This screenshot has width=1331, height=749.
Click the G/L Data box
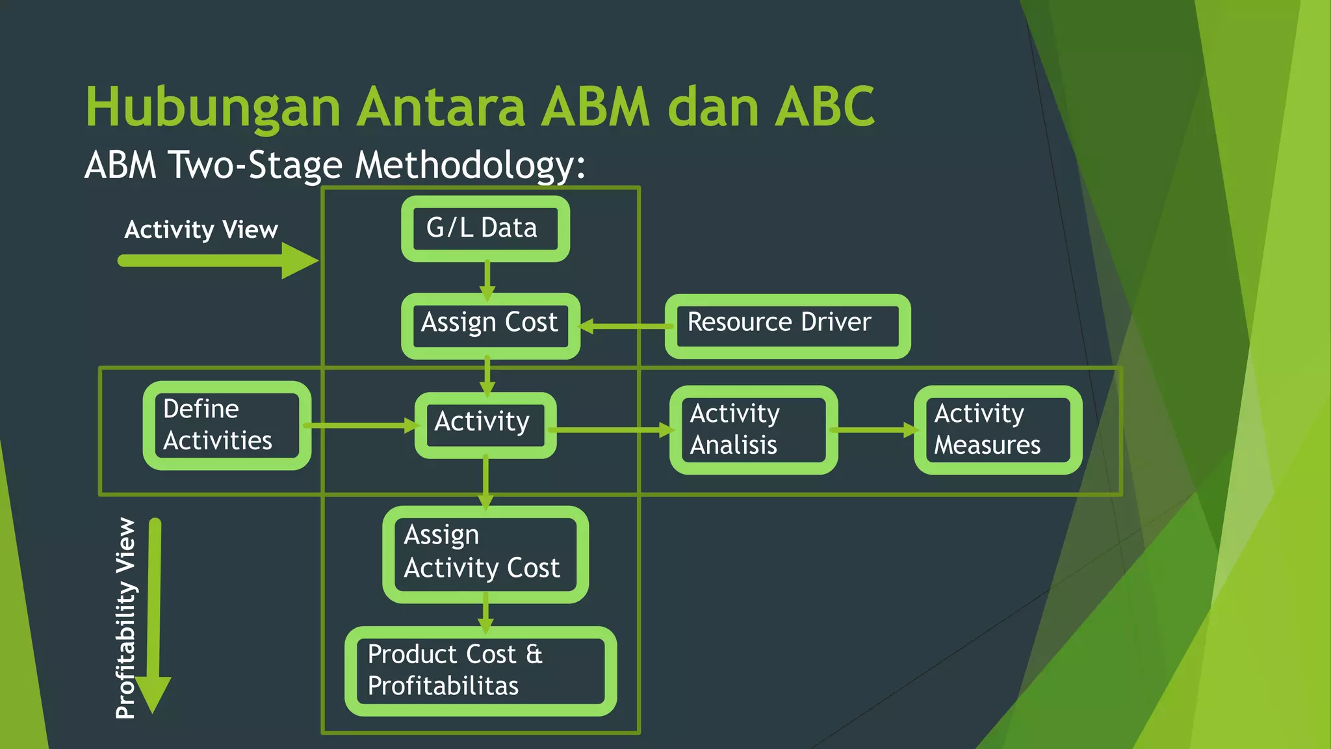(x=485, y=229)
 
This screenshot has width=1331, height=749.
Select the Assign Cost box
(x=490, y=326)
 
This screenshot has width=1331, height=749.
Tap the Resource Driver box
(x=787, y=326)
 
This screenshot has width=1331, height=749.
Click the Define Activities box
(x=227, y=425)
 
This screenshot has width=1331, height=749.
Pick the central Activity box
(x=485, y=425)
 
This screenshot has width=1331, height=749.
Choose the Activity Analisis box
(x=753, y=430)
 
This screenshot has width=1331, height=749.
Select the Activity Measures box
(x=998, y=430)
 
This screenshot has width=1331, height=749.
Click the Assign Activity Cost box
(x=485, y=554)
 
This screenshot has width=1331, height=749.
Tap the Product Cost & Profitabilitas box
(x=480, y=671)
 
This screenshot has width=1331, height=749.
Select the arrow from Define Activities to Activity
(x=361, y=426)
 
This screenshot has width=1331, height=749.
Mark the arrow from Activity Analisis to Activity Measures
(x=875, y=430)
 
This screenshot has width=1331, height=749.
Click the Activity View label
(x=201, y=230)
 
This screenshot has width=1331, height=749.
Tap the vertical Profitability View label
(x=125, y=618)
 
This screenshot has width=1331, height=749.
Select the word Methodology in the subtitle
(x=470, y=165)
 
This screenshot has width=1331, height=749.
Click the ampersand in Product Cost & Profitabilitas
(x=534, y=654)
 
